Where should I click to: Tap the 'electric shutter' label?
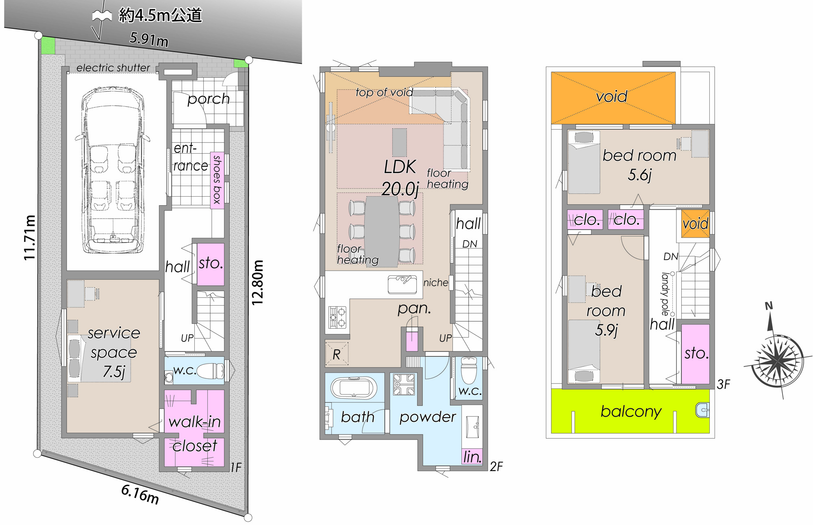coord(113,67)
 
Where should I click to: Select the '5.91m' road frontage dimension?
coord(149,39)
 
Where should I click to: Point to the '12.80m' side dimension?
coord(258,282)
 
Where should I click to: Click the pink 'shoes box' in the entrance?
coord(217,180)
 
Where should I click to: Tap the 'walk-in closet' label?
coord(195,434)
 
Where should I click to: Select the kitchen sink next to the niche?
coord(402,284)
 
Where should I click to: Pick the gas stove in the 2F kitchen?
coord(337,317)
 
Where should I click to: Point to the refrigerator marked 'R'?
coord(337,354)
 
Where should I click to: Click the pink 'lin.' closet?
coord(472,457)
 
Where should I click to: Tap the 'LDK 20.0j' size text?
coord(400,178)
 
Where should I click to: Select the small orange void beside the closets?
coord(696,223)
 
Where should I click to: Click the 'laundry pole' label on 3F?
coord(665,294)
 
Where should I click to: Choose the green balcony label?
coord(631,411)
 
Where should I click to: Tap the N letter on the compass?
coord(769,306)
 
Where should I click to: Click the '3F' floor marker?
coord(723,384)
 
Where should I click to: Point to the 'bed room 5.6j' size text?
coord(639,165)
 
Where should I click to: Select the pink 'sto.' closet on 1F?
coord(211,264)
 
